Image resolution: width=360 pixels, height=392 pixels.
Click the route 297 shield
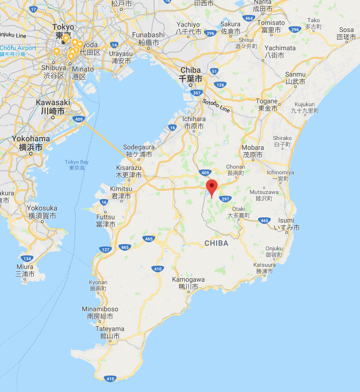(x=226, y=199)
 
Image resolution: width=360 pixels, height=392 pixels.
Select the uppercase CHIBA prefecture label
(x=216, y=243)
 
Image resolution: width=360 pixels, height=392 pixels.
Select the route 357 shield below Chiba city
(x=196, y=93)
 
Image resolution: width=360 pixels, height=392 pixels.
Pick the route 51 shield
(x=215, y=71)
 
